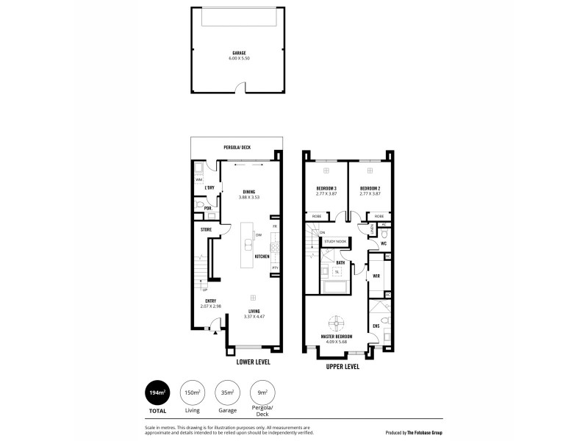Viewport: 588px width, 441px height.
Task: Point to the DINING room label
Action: click(x=249, y=192)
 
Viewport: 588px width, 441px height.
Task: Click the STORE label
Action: click(x=206, y=230)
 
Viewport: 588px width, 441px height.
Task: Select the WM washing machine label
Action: click(x=198, y=179)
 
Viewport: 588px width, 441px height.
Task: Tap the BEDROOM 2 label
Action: click(x=369, y=189)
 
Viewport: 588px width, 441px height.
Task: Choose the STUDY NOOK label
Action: click(x=334, y=240)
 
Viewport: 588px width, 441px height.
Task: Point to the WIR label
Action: click(x=376, y=276)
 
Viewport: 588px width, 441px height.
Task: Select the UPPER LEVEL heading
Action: click(x=343, y=365)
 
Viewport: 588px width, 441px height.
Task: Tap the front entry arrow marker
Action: click(x=214, y=334)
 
